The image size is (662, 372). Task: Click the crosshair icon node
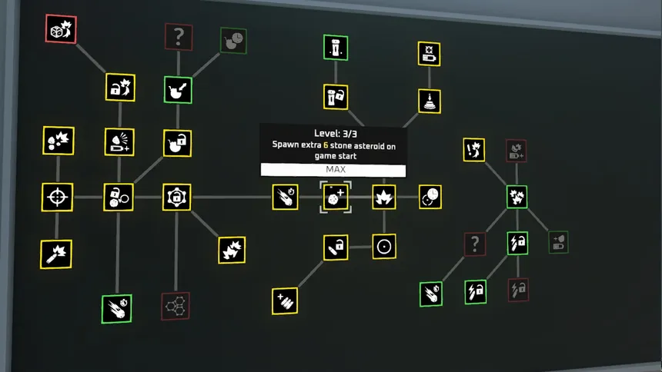[x=57, y=197]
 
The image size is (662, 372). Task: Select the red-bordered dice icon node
[x=61, y=29]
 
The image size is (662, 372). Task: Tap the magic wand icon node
[x=56, y=254]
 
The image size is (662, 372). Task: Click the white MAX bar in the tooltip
[x=333, y=169]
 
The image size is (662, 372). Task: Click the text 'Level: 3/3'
[x=333, y=133]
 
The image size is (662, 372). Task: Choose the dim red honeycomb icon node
[x=176, y=305]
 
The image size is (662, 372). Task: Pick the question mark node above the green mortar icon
[x=179, y=36]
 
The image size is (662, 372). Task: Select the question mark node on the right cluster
[x=475, y=244]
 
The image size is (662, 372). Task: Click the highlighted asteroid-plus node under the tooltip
[x=336, y=198]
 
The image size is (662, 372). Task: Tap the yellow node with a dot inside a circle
[x=383, y=246]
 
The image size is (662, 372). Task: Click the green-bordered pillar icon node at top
[x=336, y=47]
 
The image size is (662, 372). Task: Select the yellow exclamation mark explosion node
[x=474, y=149]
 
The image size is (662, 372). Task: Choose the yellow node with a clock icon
[x=430, y=197]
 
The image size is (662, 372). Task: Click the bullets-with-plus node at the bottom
[x=285, y=301]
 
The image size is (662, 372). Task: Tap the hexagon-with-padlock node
[x=176, y=198]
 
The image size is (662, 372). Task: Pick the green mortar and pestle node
[x=178, y=90]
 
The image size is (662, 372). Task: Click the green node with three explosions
[x=517, y=196]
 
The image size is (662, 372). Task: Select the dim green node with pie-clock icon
[x=233, y=41]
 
